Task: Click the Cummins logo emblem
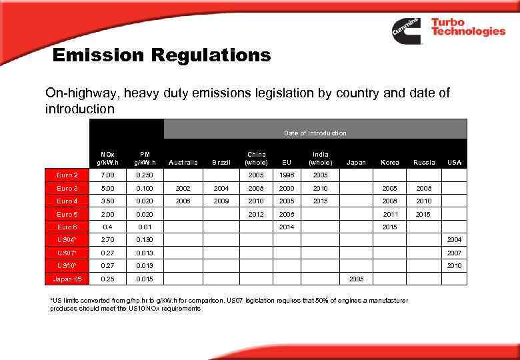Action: tap(407, 31)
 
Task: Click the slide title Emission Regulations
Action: tap(162, 55)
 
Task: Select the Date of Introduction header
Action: tap(315, 133)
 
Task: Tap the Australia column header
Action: tap(184, 162)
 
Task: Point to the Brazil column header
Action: tap(221, 162)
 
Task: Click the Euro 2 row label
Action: tap(67, 175)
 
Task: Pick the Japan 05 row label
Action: tap(67, 278)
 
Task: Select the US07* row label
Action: tap(67, 253)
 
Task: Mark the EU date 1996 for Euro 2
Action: tap(287, 175)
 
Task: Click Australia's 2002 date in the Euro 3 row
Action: tap(184, 189)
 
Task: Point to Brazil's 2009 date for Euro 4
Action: tap(221, 201)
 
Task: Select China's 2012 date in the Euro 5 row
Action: tap(256, 214)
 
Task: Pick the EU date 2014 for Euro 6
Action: tap(287, 227)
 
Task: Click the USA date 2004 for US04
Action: tap(455, 240)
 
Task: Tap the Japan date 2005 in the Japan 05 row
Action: tap(357, 278)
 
